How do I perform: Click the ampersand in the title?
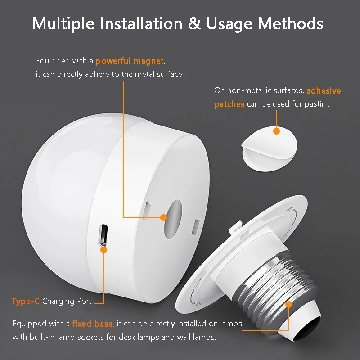tap(194, 23)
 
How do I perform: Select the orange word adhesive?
tap(324, 90)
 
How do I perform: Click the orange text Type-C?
tap(26, 301)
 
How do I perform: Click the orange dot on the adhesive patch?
tap(276, 131)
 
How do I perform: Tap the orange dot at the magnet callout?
tap(163, 217)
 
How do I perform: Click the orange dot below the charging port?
tap(103, 249)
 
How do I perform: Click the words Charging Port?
tap(67, 301)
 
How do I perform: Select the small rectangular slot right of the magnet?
tap(196, 226)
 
